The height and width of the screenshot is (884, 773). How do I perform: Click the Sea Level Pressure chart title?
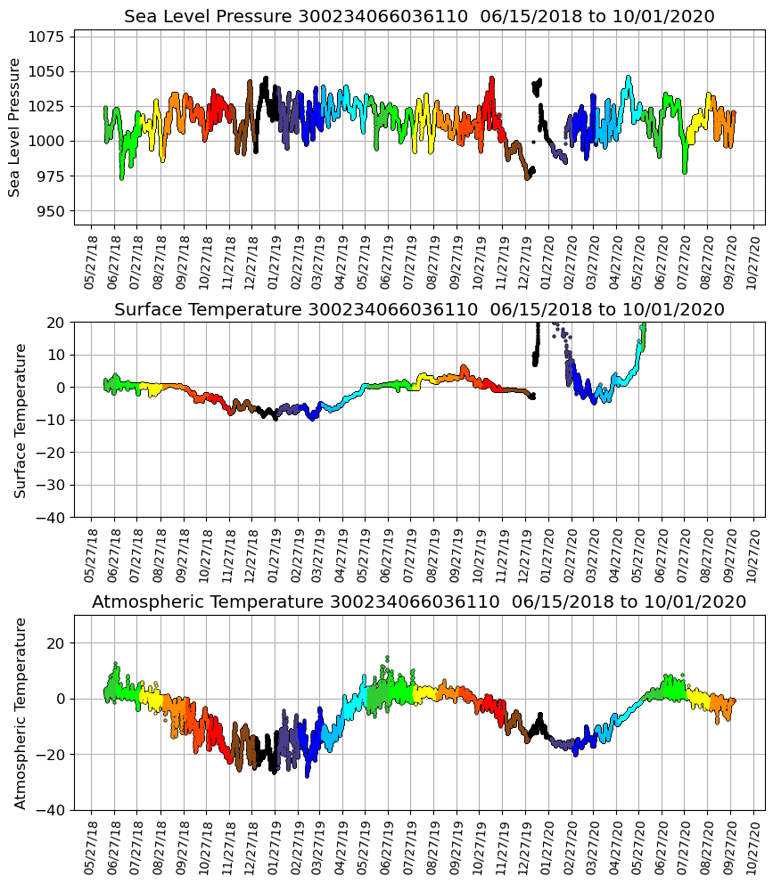(419, 17)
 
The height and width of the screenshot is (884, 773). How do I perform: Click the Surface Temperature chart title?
(419, 309)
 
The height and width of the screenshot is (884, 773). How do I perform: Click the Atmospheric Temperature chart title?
(419, 602)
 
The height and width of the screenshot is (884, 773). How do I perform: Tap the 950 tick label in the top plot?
(51, 211)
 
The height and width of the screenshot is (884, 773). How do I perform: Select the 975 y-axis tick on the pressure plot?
(51, 176)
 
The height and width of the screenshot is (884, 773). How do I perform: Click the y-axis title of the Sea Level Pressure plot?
(15, 127)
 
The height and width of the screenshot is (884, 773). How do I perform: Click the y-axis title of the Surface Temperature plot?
(21, 420)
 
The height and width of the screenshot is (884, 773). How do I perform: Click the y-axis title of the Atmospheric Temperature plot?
(21, 712)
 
